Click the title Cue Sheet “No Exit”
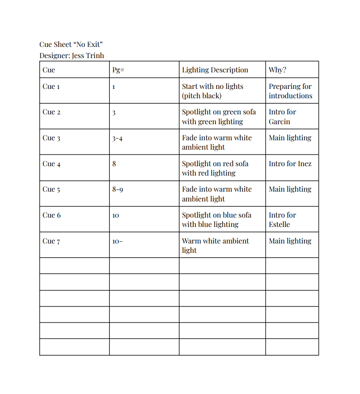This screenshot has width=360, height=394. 71,44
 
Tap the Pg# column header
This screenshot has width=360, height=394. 118,70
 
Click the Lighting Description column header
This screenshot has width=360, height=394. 215,70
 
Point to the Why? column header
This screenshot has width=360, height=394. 277,70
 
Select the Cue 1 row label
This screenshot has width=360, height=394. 51,87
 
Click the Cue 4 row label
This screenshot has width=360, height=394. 51,164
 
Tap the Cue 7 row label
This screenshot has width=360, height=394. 51,241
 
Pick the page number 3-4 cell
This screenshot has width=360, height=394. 117,138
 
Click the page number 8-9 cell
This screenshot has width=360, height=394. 117,189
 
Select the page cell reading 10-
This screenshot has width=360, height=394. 117,241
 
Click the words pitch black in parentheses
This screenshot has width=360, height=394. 202,96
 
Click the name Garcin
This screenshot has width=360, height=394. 279,122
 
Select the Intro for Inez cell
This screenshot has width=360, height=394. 290,163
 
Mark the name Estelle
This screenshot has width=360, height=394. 279,224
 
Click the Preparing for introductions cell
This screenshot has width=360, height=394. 290,91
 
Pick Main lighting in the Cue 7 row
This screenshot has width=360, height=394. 290,241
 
